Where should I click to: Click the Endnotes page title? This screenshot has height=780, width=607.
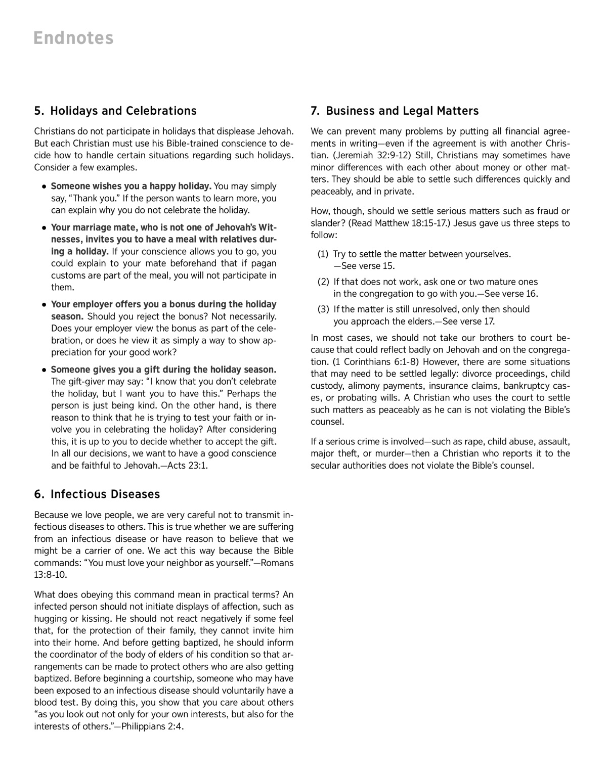tap(73, 38)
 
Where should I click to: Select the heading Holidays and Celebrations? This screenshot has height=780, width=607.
tap(123, 111)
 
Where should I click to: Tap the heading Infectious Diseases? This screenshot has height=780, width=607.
tap(105, 494)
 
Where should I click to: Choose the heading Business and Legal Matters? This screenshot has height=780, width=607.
tap(402, 111)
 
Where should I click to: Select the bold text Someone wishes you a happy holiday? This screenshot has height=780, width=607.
tap(131, 186)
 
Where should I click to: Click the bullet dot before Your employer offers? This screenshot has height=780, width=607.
tap(45, 305)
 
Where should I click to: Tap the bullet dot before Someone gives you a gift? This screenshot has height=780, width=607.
tap(45, 370)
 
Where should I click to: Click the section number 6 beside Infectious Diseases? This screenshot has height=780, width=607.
tap(38, 494)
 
